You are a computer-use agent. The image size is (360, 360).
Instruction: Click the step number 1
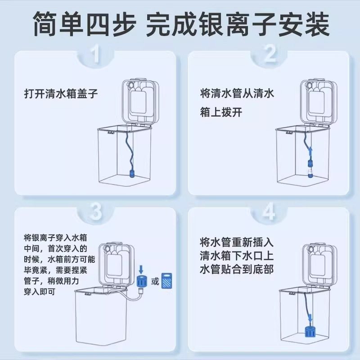(94, 55)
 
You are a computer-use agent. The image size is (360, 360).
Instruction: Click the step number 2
(270, 55)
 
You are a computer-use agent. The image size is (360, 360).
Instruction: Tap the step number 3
(94, 212)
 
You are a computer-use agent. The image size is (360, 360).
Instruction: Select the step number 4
(269, 212)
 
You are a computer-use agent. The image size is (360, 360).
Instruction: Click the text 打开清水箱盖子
(60, 94)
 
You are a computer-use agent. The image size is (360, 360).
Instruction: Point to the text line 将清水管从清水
(237, 94)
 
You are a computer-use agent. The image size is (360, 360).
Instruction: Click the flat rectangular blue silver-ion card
(168, 280)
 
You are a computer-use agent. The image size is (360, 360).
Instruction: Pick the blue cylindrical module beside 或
(141, 282)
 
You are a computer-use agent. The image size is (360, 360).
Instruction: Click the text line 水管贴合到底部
(237, 269)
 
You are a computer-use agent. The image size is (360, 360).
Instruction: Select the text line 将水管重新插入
(237, 242)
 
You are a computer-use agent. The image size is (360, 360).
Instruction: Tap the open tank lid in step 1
(140, 101)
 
